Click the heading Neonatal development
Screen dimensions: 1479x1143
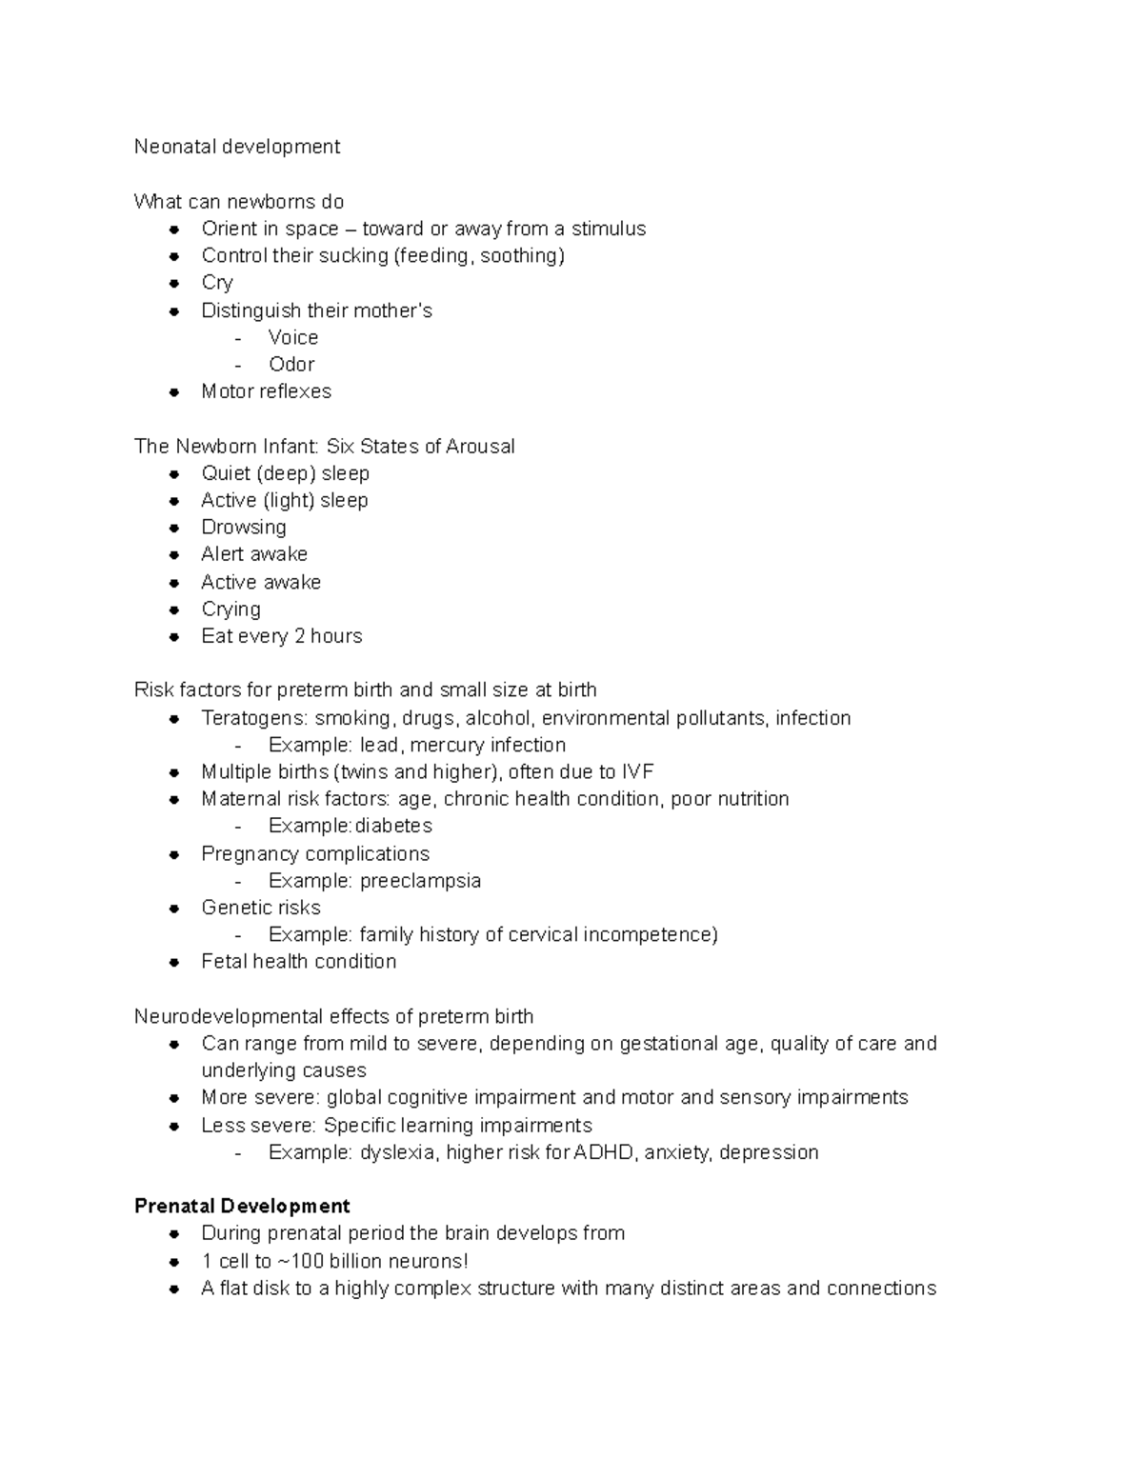click(236, 147)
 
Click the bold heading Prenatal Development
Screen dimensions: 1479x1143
click(242, 1207)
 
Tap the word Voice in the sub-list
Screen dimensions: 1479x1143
click(293, 338)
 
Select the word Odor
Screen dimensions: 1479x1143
click(291, 365)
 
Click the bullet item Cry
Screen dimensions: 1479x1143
click(217, 283)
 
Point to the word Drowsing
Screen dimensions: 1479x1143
click(243, 528)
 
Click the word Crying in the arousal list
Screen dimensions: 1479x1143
click(231, 610)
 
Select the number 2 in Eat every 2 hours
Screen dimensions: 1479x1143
click(299, 636)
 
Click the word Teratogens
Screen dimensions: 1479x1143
click(253, 718)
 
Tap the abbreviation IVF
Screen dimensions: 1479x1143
click(637, 772)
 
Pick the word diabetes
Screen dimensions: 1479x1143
click(393, 826)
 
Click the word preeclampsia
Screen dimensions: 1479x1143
click(420, 881)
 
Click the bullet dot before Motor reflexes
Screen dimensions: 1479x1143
click(174, 391)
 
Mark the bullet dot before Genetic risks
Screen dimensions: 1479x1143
click(174, 909)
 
